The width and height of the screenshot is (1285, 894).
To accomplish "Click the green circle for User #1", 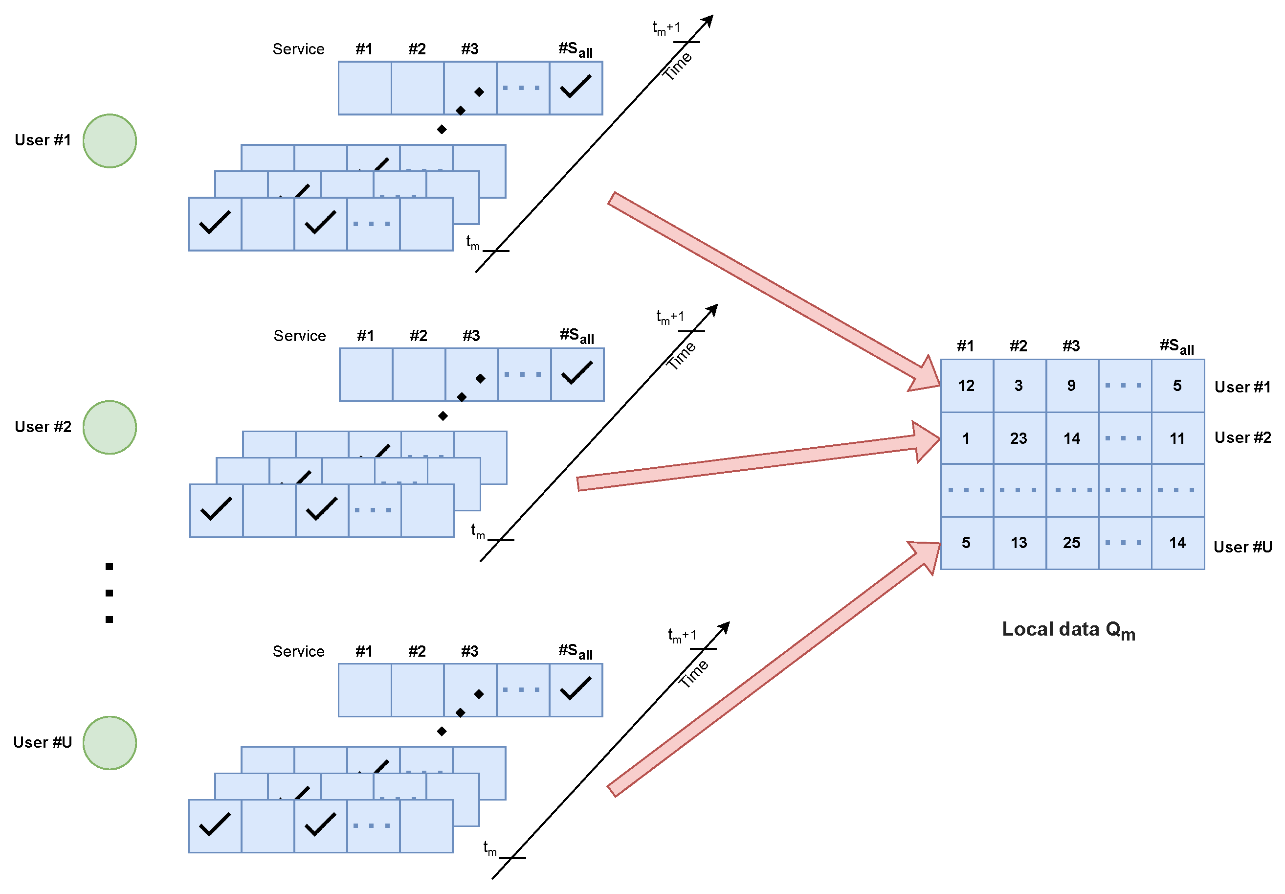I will pyautogui.click(x=110, y=140).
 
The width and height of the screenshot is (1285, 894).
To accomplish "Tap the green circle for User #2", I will pyautogui.click(x=110, y=427).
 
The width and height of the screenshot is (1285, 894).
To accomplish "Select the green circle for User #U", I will pyautogui.click(x=110, y=743).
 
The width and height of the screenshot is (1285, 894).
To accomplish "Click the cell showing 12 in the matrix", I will pyautogui.click(x=966, y=386).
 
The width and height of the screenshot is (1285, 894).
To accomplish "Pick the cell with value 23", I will pyautogui.click(x=1019, y=438).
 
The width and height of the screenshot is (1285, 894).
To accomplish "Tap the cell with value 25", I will pyautogui.click(x=1071, y=542).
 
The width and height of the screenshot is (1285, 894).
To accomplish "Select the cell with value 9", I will pyautogui.click(x=1071, y=386).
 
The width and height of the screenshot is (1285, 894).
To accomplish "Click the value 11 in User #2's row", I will pyautogui.click(x=1177, y=438).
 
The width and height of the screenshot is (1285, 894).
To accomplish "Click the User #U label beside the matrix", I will pyautogui.click(x=1242, y=547).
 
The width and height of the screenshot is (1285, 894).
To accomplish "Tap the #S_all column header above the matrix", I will pyautogui.click(x=1176, y=346).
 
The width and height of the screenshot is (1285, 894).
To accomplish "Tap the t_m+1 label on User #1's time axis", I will pyautogui.click(x=666, y=27).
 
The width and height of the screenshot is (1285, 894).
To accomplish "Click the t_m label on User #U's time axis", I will pyautogui.click(x=490, y=848).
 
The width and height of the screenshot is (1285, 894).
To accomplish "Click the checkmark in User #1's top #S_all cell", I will pyautogui.click(x=576, y=87).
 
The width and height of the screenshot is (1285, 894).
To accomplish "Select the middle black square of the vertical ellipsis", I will pyautogui.click(x=109, y=593).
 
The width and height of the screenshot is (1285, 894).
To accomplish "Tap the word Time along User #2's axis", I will pyautogui.click(x=681, y=355).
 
